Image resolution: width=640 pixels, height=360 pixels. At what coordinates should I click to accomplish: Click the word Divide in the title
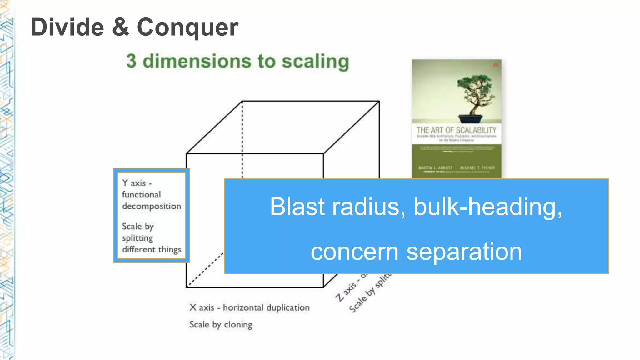pyautogui.click(x=67, y=27)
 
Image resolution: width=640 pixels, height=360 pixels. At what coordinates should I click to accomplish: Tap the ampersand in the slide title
pyautogui.click(x=120, y=27)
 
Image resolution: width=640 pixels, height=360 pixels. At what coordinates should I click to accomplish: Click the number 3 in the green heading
pyautogui.click(x=132, y=61)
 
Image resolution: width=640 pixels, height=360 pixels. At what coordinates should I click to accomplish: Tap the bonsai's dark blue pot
pyautogui.click(x=470, y=119)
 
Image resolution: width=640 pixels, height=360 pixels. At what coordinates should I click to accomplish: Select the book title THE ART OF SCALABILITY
pyautogui.click(x=456, y=130)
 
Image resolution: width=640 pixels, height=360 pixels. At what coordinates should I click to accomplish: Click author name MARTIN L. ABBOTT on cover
pyautogui.click(x=435, y=168)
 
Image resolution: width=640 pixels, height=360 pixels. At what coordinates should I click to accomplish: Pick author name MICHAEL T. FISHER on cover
pyautogui.click(x=477, y=168)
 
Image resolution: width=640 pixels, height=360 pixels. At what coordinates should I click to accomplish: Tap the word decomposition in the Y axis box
pyautogui.click(x=152, y=206)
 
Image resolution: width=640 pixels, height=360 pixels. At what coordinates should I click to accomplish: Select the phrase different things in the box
pyautogui.click(x=152, y=249)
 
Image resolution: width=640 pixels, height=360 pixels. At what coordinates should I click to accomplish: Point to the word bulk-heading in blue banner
pyautogui.click(x=487, y=207)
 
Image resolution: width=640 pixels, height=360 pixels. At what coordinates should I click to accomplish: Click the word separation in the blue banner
pyautogui.click(x=464, y=252)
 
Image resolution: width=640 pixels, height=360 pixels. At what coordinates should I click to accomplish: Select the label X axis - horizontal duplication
pyautogui.click(x=249, y=307)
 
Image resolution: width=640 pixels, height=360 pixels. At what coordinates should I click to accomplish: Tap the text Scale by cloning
pyautogui.click(x=221, y=325)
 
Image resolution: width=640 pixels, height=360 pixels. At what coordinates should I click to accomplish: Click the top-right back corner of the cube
pyautogui.click(x=379, y=101)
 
